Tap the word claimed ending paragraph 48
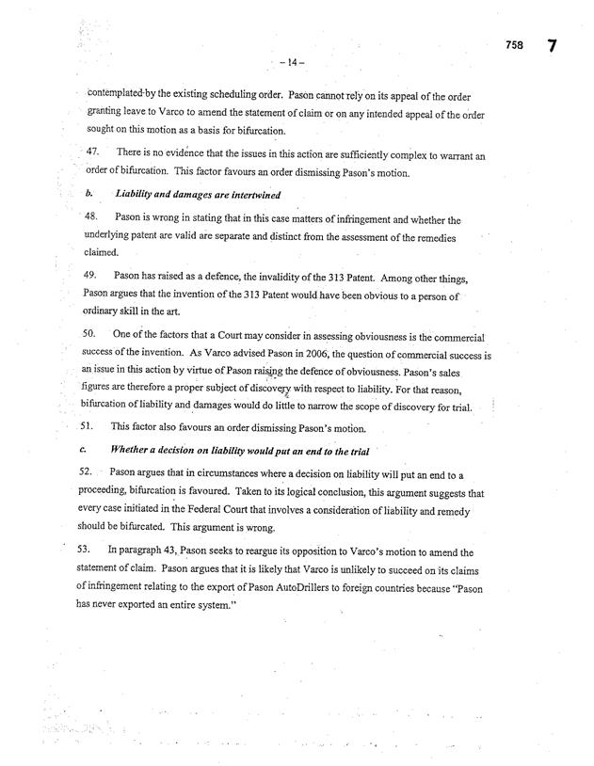[104, 253]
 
